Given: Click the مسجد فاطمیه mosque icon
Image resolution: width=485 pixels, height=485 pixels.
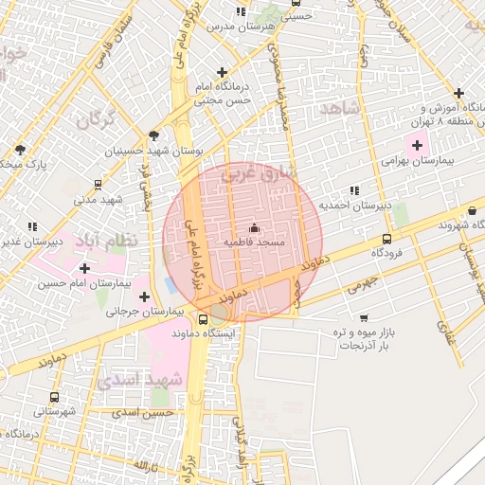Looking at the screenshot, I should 253,228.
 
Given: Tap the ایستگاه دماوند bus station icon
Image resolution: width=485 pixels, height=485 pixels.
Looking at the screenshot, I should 204,319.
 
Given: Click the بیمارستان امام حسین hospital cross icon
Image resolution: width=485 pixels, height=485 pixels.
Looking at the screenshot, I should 84,268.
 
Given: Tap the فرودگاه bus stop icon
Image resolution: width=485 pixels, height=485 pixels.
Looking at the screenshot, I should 386,239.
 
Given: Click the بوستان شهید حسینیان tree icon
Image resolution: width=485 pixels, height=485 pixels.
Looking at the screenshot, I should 154,136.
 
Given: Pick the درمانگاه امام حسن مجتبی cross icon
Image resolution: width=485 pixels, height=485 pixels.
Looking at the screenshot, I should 222,72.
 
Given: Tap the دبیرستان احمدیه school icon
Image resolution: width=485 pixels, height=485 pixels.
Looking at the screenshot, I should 355,190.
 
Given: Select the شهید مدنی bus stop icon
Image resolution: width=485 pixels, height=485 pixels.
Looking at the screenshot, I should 99,185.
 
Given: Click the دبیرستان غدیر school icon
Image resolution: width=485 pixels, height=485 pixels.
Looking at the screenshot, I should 32,226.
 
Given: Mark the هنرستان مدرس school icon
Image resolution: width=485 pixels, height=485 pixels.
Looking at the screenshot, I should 242,11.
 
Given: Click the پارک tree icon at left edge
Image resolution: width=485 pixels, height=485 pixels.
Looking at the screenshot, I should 20,150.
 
